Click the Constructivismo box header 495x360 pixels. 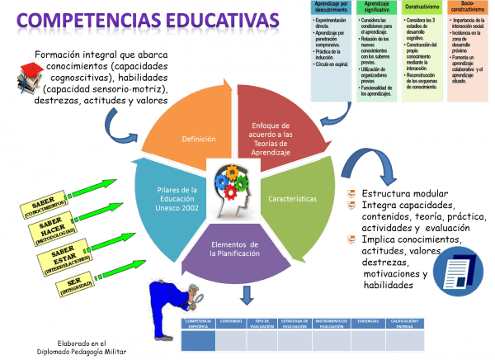point(422,6)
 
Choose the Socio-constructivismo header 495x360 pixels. point(468,8)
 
